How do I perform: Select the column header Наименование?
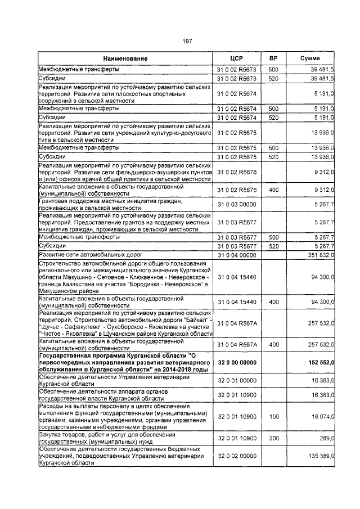click(x=125, y=58)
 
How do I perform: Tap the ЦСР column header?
click(x=236, y=58)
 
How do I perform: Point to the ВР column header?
click(x=273, y=58)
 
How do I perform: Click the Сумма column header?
click(x=310, y=58)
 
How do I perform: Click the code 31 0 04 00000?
click(x=236, y=255)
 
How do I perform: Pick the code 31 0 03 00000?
click(x=236, y=205)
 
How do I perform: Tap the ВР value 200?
click(x=273, y=438)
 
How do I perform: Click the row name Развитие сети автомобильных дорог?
click(x=90, y=255)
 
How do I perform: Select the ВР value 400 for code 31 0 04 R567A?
click(x=273, y=344)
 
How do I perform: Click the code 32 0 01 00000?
click(x=236, y=380)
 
